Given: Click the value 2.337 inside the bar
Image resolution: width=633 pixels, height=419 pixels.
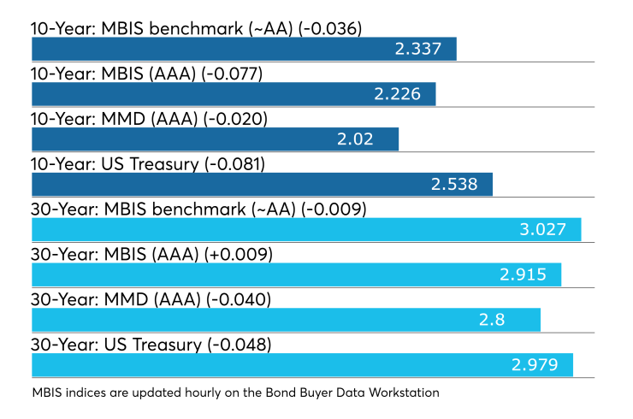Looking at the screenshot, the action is [417, 49].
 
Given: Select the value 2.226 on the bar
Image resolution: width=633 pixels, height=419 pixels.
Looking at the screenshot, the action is [397, 94].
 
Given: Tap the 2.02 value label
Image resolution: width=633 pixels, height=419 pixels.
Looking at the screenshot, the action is [355, 139].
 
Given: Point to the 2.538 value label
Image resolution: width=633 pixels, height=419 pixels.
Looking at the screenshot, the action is [454, 185].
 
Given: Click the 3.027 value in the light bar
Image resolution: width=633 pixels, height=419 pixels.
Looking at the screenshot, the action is [542, 230].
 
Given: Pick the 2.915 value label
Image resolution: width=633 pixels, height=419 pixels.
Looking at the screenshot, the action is [523, 274].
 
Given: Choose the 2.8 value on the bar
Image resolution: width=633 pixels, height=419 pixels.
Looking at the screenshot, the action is [492, 320].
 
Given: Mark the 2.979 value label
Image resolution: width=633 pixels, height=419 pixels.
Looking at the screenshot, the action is [535, 365].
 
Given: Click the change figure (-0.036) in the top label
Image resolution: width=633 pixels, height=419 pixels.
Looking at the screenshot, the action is [330, 29].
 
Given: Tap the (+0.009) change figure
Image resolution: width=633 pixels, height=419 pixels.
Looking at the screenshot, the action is [238, 255].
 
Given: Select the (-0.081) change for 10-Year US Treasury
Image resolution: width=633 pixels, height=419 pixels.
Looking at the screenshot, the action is [234, 164].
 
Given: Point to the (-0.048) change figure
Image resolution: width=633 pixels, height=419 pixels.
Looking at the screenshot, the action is [239, 345].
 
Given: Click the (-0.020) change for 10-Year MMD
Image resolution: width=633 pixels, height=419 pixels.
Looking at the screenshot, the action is [235, 119].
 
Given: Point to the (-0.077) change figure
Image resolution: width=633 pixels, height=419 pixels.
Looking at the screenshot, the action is [232, 74].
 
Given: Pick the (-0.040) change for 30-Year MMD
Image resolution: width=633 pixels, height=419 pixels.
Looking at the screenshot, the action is [239, 300].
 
